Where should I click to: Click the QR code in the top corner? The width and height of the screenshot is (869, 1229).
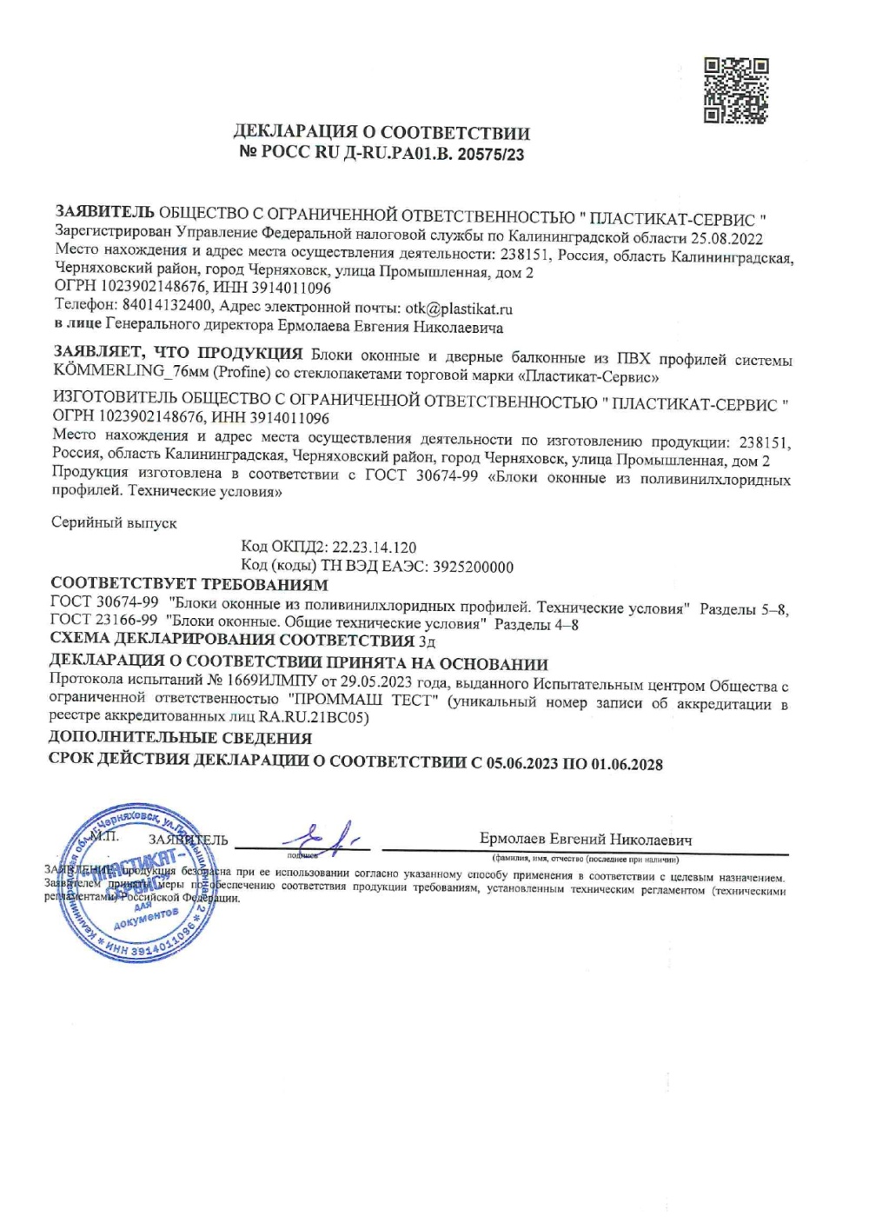coord(735,90)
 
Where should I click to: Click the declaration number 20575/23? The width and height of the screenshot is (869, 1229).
coord(490,156)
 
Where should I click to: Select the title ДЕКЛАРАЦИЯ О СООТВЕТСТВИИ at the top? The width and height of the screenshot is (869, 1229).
coord(381,133)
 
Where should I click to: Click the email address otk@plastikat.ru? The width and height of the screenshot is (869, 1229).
coord(459,309)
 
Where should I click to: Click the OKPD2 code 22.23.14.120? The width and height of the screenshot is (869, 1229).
coord(374,548)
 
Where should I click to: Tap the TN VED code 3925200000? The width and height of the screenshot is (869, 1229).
coord(473,567)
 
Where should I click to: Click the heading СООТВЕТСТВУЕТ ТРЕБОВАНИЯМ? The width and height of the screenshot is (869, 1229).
coord(189,584)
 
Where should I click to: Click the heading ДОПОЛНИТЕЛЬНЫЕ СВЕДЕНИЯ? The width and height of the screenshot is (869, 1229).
coord(180,738)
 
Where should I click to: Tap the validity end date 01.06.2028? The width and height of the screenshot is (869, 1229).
coord(627,765)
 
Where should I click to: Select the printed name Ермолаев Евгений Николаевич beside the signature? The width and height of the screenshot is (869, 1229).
coord(586,840)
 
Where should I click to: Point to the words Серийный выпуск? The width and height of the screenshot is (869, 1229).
coord(114,523)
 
